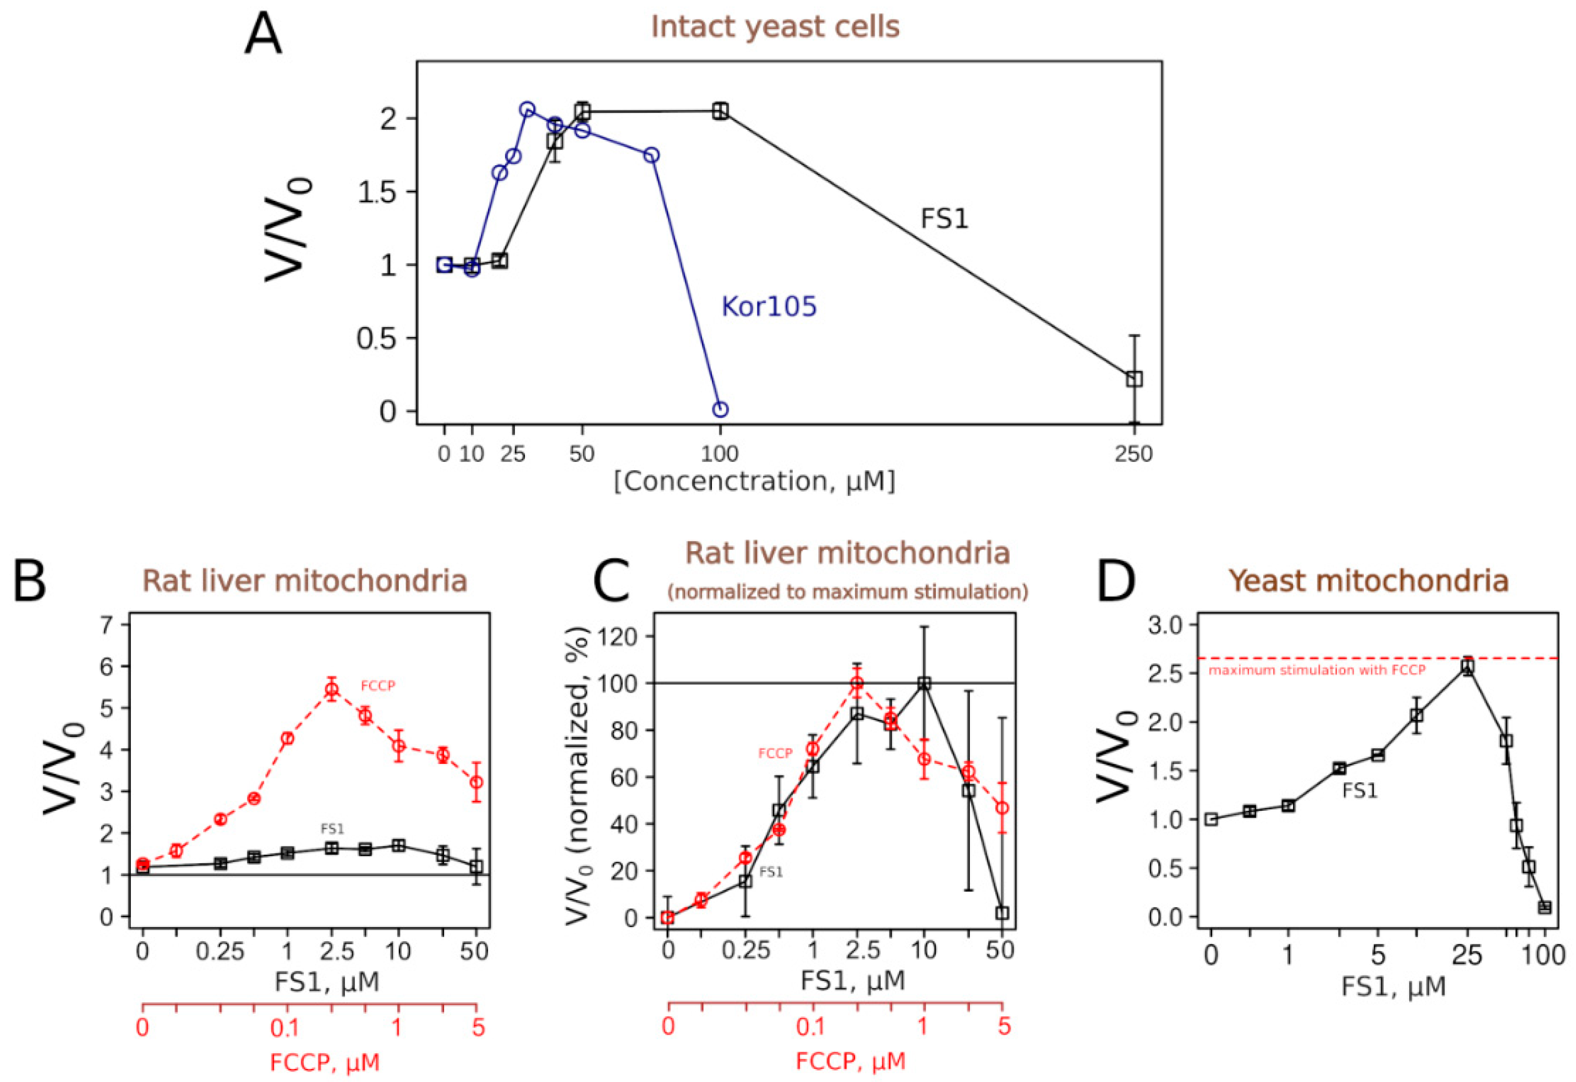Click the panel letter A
coord(263,36)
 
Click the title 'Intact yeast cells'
coord(775,27)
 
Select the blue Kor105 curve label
coord(768,307)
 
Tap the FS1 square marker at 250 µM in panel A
coord(1135,379)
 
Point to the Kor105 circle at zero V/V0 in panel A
coord(720,409)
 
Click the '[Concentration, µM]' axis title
coord(754,481)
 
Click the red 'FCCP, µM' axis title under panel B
coord(324,1062)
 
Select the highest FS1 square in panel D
coord(1468,666)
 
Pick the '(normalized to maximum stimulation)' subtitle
coord(848,592)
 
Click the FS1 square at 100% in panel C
coord(924,684)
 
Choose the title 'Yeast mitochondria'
coord(1369,581)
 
